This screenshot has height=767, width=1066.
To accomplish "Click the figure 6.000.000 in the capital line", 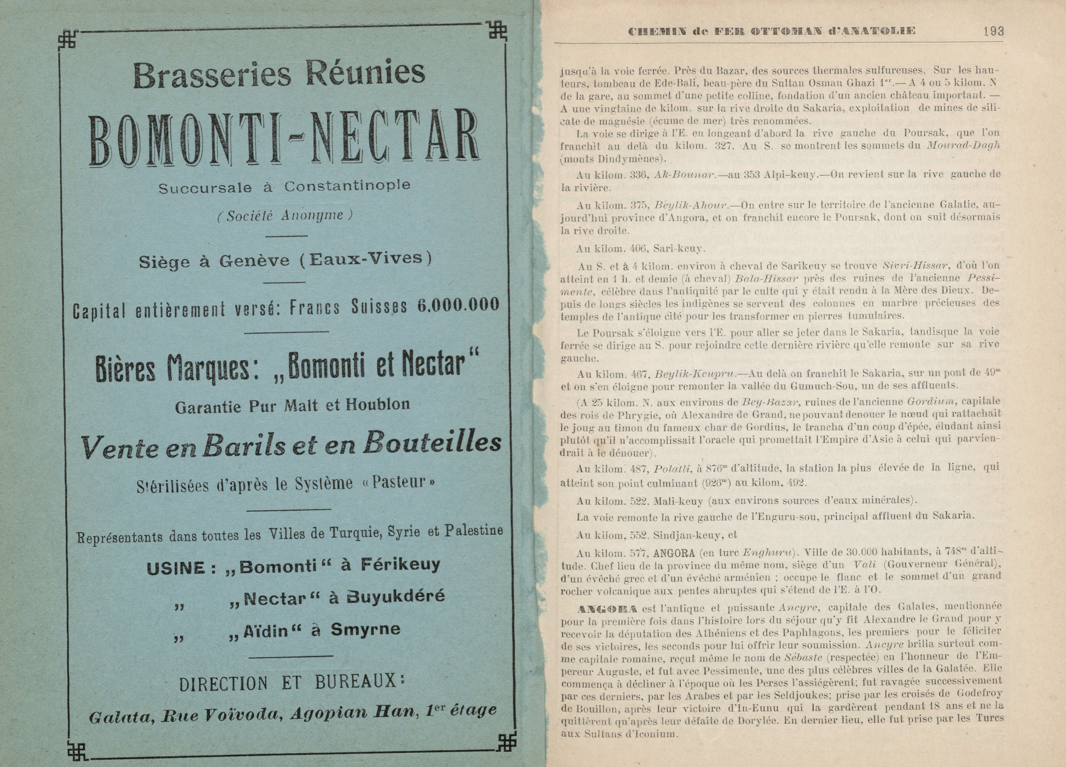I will click(458, 305).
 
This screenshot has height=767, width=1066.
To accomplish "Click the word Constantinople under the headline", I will click(347, 186).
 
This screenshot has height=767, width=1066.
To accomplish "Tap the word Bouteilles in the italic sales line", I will click(432, 443).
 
